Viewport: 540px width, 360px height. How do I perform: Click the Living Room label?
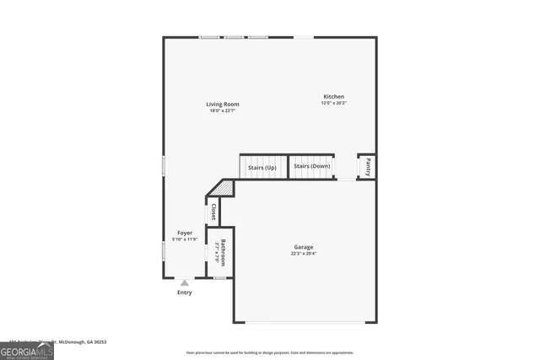click(x=223, y=105)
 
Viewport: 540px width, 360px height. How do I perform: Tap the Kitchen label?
click(x=332, y=97)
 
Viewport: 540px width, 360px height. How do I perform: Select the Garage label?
click(x=304, y=247)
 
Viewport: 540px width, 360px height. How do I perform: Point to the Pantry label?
click(x=367, y=167)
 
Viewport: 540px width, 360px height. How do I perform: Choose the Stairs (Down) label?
click(x=311, y=167)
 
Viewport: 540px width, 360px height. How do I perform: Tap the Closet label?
click(x=213, y=211)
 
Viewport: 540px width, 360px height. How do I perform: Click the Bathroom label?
click(x=223, y=252)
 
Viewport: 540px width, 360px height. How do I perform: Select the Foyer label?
click(x=185, y=233)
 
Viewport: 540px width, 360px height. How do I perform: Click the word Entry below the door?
click(x=185, y=293)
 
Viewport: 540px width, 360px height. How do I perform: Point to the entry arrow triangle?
click(x=185, y=282)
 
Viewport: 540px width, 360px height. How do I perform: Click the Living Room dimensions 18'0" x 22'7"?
click(x=223, y=111)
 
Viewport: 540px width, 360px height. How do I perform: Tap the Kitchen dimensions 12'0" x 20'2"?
click(x=333, y=104)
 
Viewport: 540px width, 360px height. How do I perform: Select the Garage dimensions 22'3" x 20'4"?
click(x=304, y=254)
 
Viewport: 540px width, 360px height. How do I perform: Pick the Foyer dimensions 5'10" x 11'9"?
click(x=185, y=239)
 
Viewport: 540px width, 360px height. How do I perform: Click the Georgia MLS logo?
click(x=27, y=350)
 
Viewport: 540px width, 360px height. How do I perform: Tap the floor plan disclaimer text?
click(x=270, y=352)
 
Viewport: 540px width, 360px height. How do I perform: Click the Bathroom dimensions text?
click(x=217, y=252)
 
